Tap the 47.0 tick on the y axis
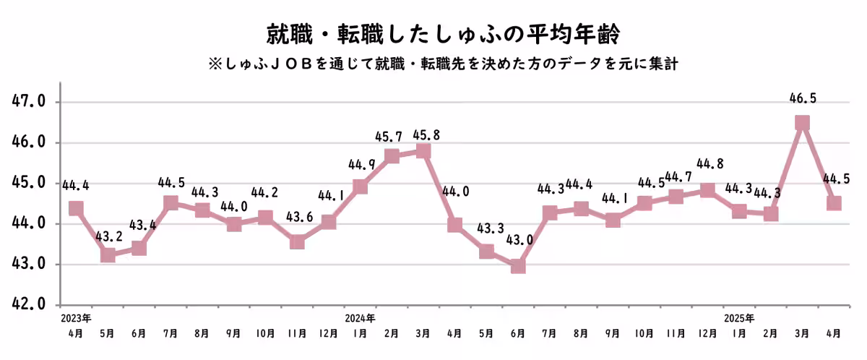coord(30,102)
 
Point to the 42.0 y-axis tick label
coord(30,304)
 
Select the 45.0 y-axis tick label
coord(30,183)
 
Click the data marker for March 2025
coord(802,123)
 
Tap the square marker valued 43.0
coord(518,266)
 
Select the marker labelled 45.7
coord(392,155)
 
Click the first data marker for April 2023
coord(76,209)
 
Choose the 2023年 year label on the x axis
coord(76,317)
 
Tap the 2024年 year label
coord(360,317)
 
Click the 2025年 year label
coord(738,317)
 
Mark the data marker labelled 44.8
coord(707,191)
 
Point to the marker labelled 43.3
coord(487,252)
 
